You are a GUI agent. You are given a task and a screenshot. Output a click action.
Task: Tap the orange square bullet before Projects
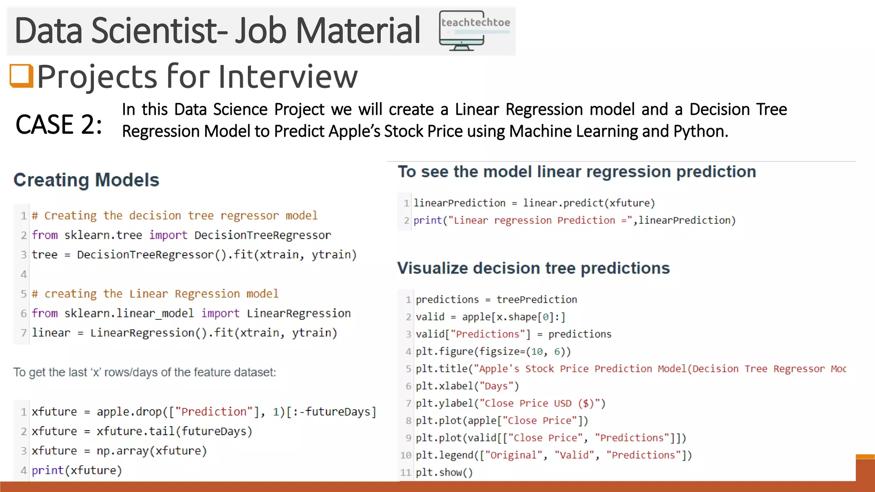(21, 76)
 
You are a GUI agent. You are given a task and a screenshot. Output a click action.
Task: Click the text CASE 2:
(59, 125)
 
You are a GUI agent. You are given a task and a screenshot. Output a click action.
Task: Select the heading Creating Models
(86, 180)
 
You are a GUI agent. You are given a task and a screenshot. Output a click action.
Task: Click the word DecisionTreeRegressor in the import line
(262, 235)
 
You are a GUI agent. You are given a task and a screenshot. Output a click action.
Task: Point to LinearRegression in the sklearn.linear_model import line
(299, 313)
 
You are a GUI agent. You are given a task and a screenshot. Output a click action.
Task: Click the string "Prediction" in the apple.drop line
(214, 412)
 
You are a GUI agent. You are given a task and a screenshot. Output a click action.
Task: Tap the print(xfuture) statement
(77, 470)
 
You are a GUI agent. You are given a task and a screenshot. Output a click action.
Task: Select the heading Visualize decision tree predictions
(533, 268)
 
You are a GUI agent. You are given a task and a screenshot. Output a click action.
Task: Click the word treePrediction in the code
(537, 299)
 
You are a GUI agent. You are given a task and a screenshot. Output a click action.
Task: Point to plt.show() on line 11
(444, 472)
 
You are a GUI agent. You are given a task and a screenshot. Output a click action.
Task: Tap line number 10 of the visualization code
(405, 455)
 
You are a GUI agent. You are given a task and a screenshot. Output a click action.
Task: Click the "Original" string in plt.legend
(513, 455)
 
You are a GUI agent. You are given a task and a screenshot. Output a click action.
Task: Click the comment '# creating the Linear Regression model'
(155, 294)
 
